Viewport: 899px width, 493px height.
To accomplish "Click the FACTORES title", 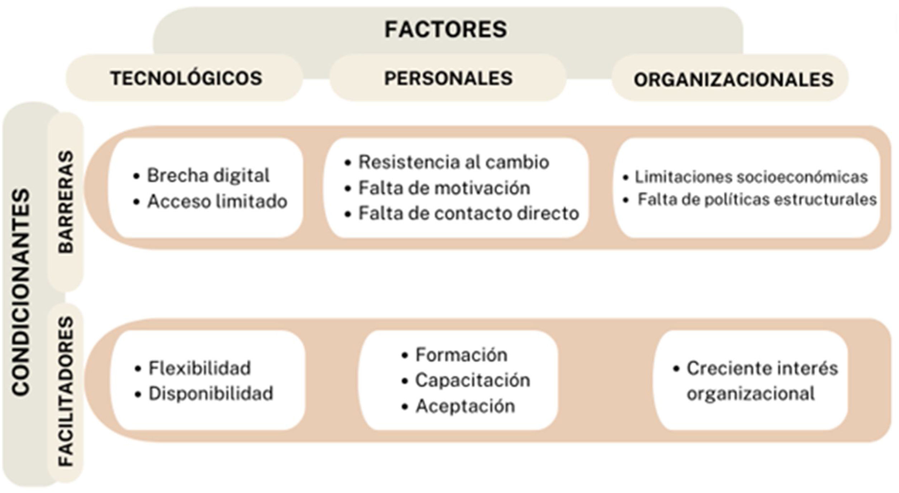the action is [445, 29].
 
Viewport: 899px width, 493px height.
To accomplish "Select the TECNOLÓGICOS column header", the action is [186, 78].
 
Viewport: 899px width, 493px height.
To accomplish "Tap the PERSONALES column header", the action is [448, 78].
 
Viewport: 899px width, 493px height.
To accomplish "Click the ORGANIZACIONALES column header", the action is [733, 80].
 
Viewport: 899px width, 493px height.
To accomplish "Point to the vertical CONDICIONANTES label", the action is [21, 292].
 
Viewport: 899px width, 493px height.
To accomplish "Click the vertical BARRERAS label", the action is [66, 202].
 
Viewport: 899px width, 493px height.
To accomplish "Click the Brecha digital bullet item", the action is [208, 176].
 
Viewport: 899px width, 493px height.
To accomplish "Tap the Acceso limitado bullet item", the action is [217, 201].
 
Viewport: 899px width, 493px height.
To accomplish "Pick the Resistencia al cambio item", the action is [453, 162].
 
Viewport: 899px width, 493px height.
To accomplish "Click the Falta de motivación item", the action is [444, 188].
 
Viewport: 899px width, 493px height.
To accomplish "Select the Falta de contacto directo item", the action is [468, 214].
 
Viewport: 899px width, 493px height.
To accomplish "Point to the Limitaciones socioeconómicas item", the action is [751, 177].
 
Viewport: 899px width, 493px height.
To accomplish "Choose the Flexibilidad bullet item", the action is [199, 368].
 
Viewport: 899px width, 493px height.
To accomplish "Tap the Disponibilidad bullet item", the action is [211, 394].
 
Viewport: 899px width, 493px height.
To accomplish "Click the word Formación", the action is [461, 355].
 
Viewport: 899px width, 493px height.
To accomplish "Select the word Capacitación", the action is [472, 380].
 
